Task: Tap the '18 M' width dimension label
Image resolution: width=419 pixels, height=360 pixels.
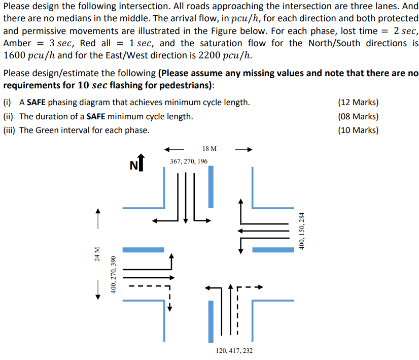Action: point(209,149)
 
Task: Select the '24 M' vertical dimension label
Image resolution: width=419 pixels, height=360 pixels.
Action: point(97,253)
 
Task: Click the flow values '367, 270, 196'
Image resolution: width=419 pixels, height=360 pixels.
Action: point(189,161)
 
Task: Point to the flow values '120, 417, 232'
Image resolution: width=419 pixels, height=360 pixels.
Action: point(234,351)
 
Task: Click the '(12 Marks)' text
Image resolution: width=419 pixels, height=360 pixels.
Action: point(358,102)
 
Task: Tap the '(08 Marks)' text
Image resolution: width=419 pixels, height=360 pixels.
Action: point(358,116)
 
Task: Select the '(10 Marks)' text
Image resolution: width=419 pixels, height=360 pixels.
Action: point(358,130)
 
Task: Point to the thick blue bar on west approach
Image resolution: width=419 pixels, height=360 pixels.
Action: point(144,250)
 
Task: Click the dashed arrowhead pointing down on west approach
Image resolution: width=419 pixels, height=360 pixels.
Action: point(170,307)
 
